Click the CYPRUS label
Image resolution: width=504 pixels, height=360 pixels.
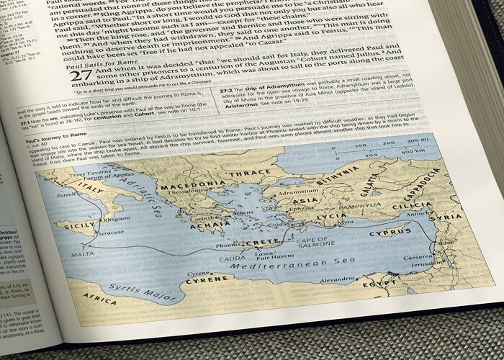click(390, 233)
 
